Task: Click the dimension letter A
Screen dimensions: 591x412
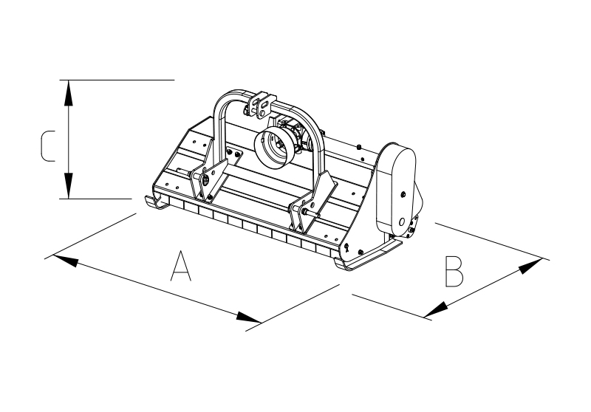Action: tap(181, 266)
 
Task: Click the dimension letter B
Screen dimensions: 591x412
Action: tap(454, 272)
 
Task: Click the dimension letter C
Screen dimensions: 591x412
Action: tap(47, 146)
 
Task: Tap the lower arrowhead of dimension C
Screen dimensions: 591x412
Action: tap(68, 185)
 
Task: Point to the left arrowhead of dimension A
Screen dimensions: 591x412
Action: tap(66, 261)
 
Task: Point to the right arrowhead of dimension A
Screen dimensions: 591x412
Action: tap(248, 317)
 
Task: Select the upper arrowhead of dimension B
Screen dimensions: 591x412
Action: tap(531, 266)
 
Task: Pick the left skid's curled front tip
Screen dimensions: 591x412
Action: tap(155, 202)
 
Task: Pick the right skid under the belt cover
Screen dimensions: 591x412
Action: tap(367, 257)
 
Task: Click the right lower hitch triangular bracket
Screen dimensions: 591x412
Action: tap(312, 203)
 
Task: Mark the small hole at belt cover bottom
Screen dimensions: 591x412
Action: tap(402, 222)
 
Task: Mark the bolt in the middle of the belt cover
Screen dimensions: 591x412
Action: tap(403, 194)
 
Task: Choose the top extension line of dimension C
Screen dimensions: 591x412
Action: tap(117, 80)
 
